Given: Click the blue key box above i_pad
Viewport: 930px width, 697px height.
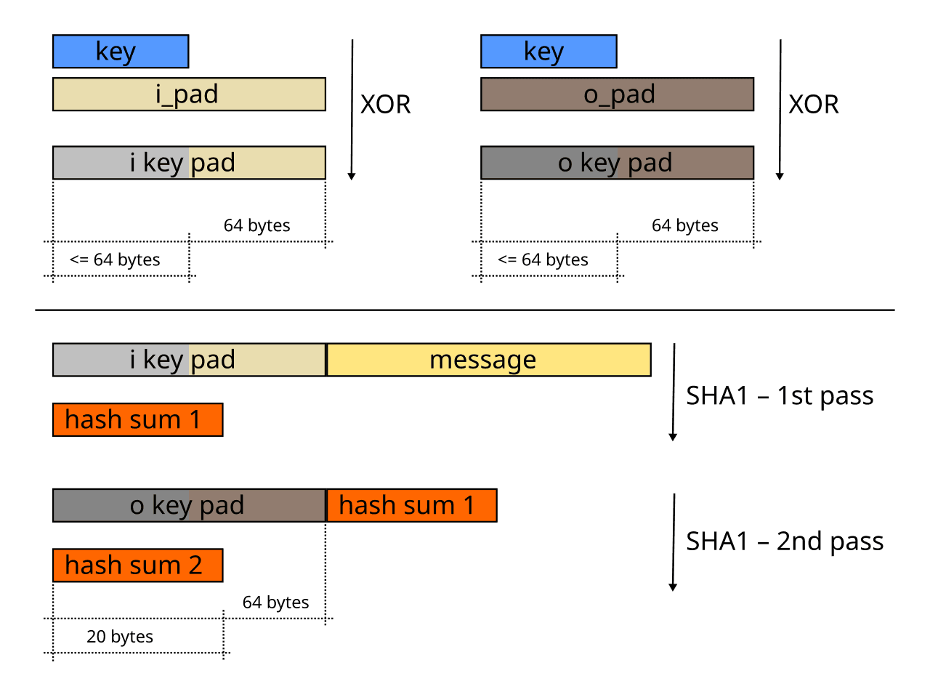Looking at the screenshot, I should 121,52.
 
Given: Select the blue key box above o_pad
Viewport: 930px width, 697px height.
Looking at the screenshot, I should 549,52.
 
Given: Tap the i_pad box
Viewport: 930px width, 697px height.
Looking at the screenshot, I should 189,94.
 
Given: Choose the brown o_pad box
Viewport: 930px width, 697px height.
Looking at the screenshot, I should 618,94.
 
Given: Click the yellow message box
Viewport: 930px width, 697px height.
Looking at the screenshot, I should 488,360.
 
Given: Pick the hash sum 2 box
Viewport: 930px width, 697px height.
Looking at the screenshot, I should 137,565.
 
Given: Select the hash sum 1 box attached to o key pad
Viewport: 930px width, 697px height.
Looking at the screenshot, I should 411,505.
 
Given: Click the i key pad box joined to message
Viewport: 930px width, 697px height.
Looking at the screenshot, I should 189,360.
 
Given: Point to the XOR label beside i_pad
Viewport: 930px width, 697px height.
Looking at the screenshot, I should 385,105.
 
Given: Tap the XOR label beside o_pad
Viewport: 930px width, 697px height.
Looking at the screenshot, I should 813,105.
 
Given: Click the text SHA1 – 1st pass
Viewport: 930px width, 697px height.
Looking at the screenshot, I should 779,396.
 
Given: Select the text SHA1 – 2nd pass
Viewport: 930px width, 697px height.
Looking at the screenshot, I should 784,541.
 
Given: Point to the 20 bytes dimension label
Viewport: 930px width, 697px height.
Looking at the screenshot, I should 120,637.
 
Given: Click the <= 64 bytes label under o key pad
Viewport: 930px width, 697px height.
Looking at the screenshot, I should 543,259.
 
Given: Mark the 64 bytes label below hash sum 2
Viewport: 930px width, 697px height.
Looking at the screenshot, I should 275,603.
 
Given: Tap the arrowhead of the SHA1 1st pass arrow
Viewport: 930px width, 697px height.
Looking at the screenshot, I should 673,437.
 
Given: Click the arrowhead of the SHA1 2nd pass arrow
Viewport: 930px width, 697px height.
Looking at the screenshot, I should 673,587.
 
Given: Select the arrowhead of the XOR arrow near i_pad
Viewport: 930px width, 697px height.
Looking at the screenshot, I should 352,176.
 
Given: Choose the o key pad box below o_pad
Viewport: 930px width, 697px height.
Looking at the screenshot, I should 618,163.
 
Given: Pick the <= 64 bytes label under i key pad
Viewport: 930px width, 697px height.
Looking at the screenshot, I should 115,259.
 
